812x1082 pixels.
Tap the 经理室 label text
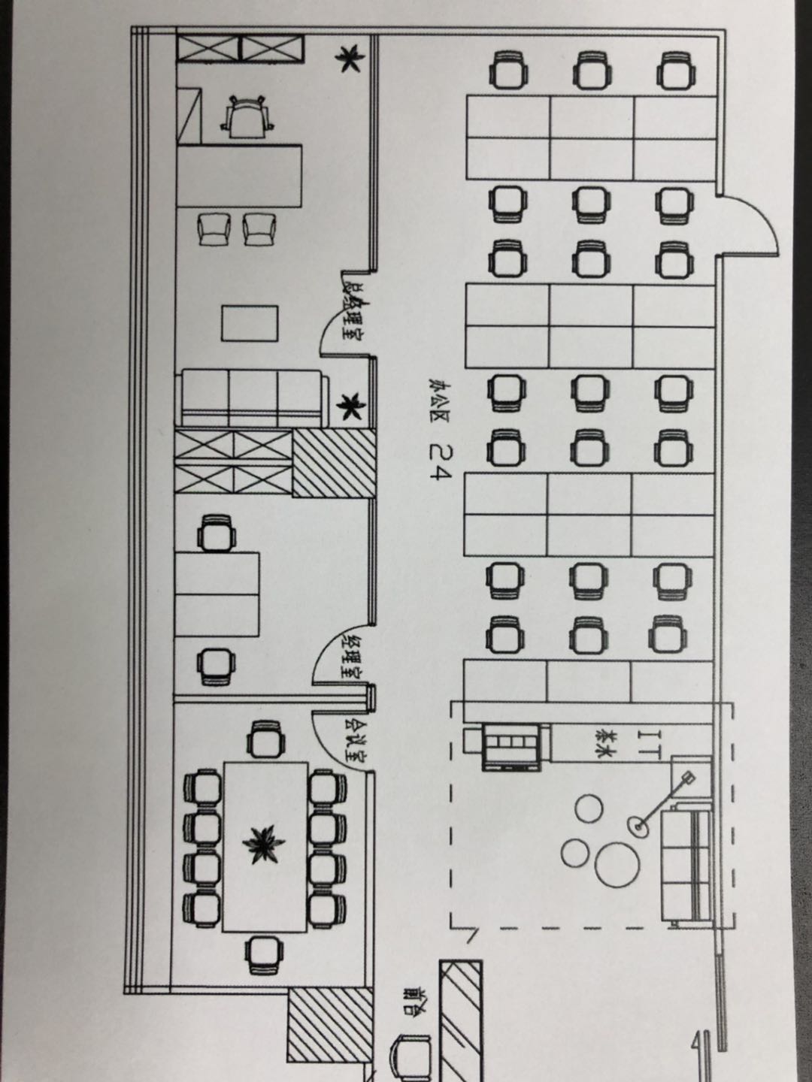pos(351,657)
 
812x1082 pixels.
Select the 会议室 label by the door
pos(351,739)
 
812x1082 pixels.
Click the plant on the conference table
pos(263,844)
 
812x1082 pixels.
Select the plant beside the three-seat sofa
pos(347,408)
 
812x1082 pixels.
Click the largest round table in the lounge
pos(617,863)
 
